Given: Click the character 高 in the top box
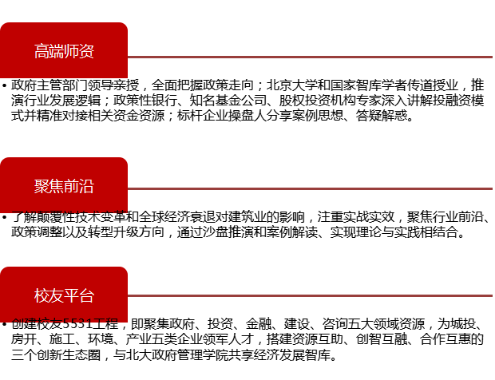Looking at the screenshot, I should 42,52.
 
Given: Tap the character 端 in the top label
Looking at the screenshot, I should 57,52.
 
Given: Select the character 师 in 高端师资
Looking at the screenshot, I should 72,52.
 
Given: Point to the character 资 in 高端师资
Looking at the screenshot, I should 87,52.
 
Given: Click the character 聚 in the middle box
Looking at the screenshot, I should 42,187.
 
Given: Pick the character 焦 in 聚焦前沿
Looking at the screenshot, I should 57,187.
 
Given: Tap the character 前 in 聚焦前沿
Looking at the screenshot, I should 72,187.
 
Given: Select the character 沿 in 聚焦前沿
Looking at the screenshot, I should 87,187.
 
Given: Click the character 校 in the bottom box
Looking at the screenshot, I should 42,296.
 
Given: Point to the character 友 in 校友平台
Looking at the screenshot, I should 57,296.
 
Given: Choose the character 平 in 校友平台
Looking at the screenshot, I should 72,296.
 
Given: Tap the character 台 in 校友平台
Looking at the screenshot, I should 87,296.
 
